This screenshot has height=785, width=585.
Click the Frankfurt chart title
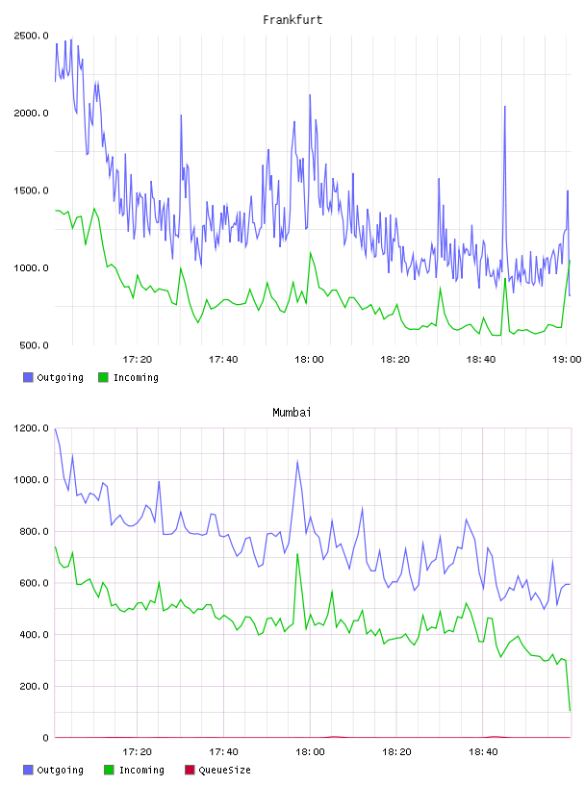292,20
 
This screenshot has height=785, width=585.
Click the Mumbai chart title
292,413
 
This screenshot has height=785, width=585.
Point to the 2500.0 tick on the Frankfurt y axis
31,36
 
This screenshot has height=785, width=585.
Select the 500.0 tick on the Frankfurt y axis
34,345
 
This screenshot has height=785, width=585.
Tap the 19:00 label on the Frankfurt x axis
567,360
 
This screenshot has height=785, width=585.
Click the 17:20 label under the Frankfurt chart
138,360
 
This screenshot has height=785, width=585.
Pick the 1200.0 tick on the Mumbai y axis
31,428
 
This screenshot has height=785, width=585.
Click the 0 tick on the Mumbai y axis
45,738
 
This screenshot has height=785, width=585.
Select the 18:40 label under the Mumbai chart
483,752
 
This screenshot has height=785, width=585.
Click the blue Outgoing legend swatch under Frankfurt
28,377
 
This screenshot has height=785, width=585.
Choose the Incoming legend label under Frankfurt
136,378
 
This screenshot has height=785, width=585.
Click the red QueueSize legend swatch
190,770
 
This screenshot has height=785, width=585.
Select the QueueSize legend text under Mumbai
224,771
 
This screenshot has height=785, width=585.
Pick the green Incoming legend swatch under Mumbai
109,770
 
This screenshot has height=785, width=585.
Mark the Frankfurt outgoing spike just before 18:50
505,107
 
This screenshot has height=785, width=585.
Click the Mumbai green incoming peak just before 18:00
297,554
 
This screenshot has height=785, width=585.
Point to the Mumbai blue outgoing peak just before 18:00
297,462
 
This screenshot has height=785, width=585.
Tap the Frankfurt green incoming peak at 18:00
311,253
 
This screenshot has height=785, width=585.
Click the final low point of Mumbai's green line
570,710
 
